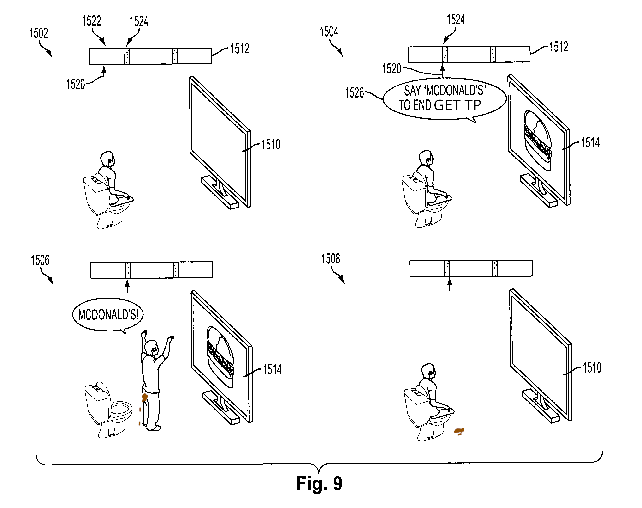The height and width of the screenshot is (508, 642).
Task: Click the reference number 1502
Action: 39,33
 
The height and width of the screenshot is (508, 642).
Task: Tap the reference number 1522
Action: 91,21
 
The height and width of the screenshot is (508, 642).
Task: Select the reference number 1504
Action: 329,32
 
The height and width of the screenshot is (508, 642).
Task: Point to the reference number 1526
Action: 354,93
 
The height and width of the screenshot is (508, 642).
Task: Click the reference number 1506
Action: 40,260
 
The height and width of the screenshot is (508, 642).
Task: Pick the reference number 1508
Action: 331,259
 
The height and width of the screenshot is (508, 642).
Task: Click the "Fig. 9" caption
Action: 319,483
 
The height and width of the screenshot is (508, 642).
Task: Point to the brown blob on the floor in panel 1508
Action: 459,431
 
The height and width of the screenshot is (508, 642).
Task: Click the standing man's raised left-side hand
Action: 144,333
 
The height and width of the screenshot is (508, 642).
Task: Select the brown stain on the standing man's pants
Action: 145,397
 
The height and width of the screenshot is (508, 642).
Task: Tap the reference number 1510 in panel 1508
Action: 592,368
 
